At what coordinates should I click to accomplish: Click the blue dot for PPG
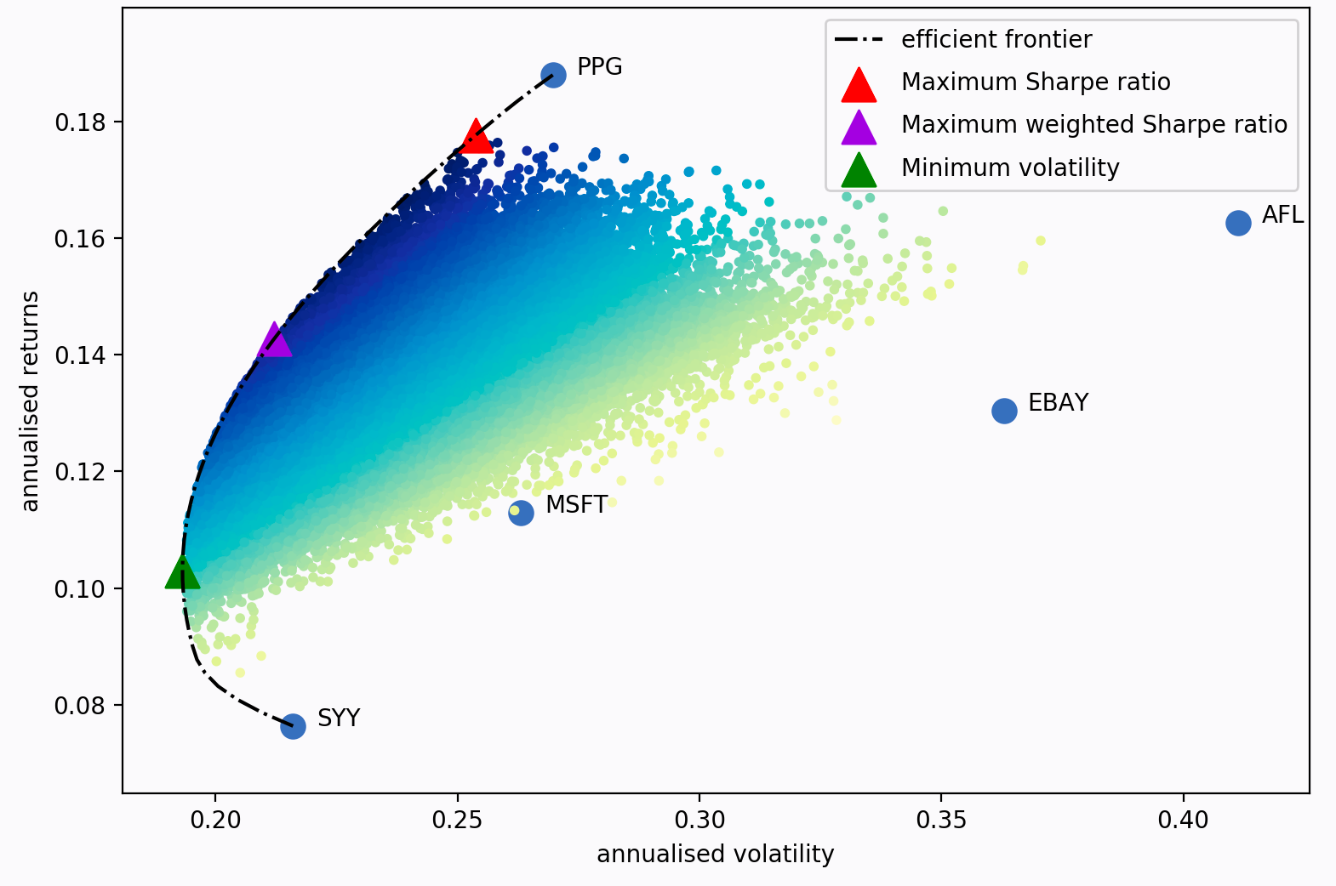coord(553,75)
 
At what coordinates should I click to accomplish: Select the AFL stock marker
coord(1238,223)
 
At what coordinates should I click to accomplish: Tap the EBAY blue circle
coord(1004,411)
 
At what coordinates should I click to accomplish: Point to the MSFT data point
coord(521,513)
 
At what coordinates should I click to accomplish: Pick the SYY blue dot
coord(293,726)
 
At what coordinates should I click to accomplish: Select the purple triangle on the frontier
coord(274,341)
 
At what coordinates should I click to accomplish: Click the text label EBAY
coord(1058,402)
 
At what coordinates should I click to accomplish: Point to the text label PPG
coord(599,66)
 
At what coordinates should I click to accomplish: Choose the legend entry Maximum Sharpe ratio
coord(1035,82)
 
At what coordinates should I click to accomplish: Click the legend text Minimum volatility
coord(1009,168)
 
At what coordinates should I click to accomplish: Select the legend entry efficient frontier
coord(996,39)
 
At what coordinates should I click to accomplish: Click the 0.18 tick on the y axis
coord(80,122)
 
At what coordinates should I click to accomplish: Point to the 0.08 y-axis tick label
coord(80,706)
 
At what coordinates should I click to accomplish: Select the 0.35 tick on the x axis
coord(941,820)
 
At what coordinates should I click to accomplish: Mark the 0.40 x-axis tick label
coord(1183,820)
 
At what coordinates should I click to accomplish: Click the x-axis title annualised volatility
coord(715,854)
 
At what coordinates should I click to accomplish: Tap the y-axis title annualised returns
coord(31,401)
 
